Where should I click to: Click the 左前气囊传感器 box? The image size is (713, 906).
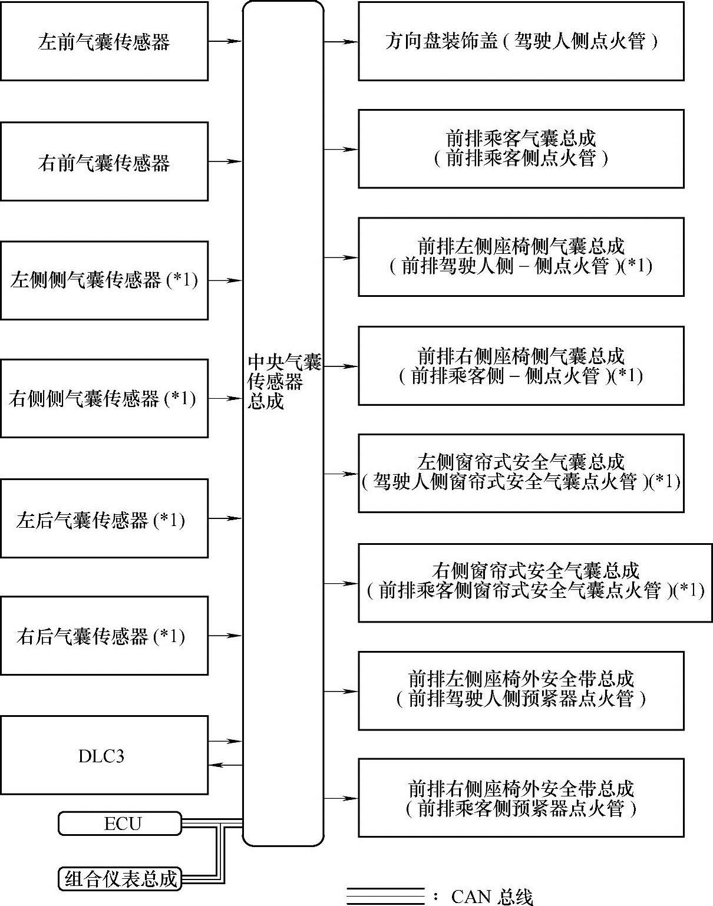coord(104,41)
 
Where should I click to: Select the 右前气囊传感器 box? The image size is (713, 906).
coord(104,161)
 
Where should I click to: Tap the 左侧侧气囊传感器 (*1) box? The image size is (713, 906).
coord(104,280)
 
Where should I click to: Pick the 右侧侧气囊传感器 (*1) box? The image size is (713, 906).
coord(104,399)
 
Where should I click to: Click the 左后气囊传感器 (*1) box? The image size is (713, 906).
coord(104,518)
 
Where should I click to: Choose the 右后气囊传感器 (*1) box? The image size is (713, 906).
coord(104,636)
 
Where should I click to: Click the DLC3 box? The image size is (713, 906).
coord(104,755)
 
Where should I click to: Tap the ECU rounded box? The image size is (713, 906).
coord(120,824)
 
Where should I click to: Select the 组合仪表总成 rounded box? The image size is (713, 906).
coord(120,878)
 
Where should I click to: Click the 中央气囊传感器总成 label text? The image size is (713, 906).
coord(283,381)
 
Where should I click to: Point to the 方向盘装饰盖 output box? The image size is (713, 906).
coord(521,41)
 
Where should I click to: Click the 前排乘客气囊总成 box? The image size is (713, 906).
coord(521,149)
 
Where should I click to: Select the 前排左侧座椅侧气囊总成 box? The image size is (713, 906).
coord(521,257)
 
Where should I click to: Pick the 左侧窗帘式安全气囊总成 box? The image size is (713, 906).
coord(521,473)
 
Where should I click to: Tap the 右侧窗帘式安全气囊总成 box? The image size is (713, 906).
coord(535,583)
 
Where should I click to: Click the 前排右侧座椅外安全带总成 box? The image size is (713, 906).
coord(521,798)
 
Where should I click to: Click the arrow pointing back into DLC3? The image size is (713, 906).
coord(225,765)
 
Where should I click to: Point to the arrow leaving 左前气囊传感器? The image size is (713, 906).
coord(225,41)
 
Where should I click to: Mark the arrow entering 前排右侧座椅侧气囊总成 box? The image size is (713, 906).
coord(341,366)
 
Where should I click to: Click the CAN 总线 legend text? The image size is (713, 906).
coord(492,896)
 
